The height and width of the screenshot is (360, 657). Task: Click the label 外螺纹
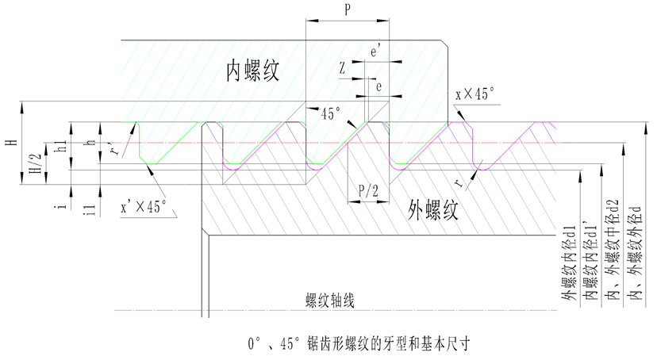coord(429,209)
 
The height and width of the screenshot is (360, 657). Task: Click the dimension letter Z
coord(342,69)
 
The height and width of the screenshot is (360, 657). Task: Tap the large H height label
coord(10,142)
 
